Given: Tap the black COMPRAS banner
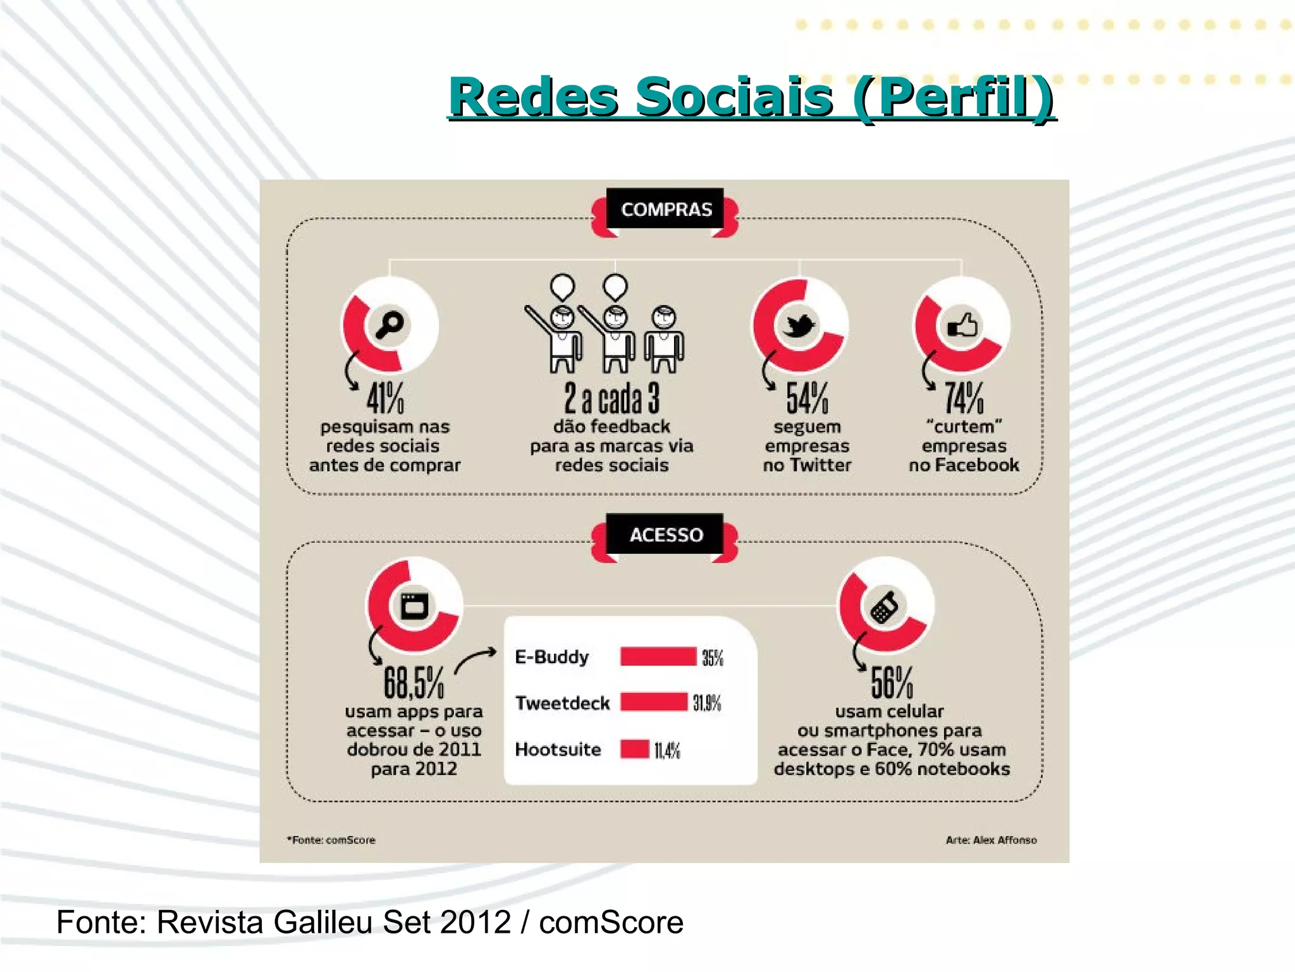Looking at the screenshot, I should point(666,209).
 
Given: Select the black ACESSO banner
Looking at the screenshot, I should point(666,535).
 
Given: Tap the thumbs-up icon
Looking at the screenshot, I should point(962,326).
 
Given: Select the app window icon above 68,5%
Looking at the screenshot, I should point(414,606).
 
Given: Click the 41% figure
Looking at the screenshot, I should point(385,398).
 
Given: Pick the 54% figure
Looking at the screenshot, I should point(807,398).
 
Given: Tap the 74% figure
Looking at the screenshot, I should point(964,398).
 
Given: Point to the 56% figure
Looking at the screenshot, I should point(892,682).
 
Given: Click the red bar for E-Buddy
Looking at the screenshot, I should point(658,657).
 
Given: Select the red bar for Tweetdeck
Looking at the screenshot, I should point(653,702).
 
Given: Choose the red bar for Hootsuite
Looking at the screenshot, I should point(634,749).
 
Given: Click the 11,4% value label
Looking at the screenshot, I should point(667,751).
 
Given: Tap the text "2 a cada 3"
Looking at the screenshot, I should point(611,398).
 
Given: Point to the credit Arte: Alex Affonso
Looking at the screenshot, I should point(991,840).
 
